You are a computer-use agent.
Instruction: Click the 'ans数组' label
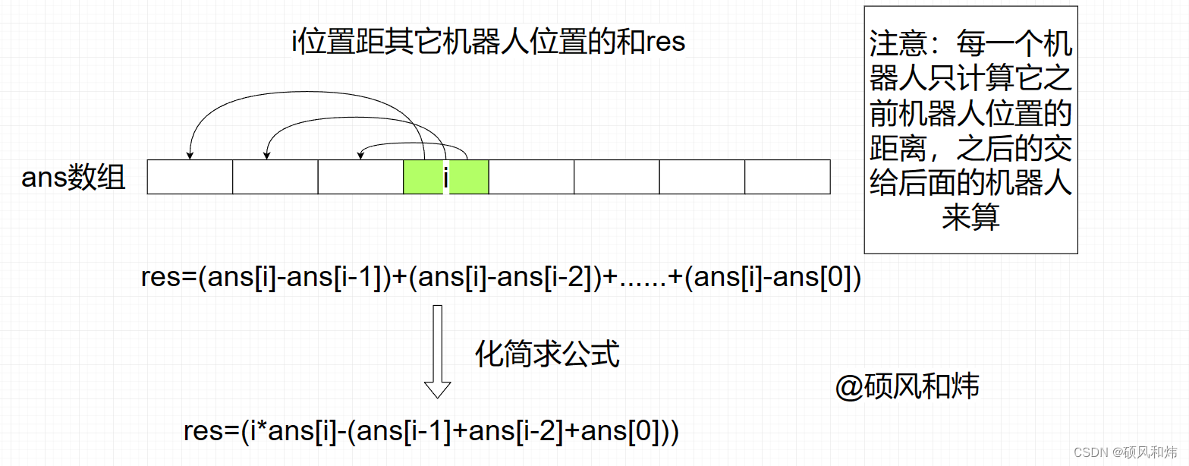click(x=73, y=178)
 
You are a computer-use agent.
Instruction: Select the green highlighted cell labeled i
click(x=445, y=177)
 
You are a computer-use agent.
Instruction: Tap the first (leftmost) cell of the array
click(x=190, y=177)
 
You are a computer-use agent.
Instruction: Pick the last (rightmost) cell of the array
click(x=787, y=177)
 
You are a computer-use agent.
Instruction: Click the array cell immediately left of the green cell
click(x=360, y=177)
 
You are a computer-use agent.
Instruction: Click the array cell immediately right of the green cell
click(x=531, y=177)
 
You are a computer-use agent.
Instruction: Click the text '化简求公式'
click(x=547, y=354)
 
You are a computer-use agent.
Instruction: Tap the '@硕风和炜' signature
click(x=907, y=387)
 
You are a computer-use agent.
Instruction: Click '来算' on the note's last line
click(x=970, y=218)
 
